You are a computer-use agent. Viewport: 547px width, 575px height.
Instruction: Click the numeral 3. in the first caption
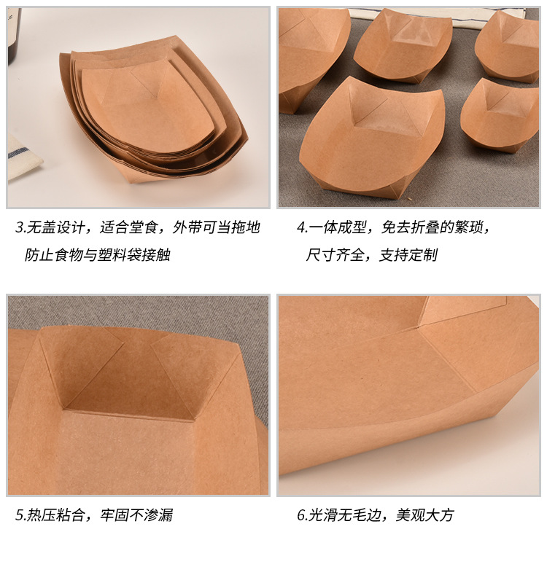point(20,227)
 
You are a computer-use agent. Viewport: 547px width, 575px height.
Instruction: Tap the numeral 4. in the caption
point(302,227)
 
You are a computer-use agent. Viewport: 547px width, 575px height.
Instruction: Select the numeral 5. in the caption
point(20,515)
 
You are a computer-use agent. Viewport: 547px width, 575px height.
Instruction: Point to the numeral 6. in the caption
point(302,515)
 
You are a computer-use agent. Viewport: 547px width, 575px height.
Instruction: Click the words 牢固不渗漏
point(136,515)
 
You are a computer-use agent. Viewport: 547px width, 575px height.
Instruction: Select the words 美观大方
point(424,515)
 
